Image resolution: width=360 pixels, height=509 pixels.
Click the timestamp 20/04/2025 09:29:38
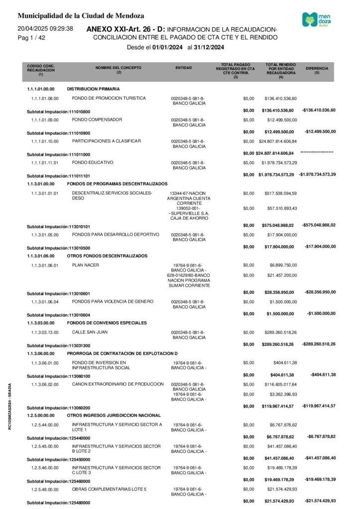[x=45, y=29]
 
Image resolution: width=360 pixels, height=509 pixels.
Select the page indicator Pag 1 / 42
[x=31, y=38]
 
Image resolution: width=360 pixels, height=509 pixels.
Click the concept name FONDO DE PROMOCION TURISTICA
[x=109, y=98]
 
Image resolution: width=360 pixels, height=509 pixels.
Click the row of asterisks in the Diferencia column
[x=317, y=152]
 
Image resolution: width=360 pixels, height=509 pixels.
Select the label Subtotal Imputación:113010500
[x=58, y=248]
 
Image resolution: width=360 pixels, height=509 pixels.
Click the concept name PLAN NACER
[x=86, y=265]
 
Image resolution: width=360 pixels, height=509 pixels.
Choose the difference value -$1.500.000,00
[x=320, y=313]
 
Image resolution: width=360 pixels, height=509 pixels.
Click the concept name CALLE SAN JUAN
[x=90, y=332]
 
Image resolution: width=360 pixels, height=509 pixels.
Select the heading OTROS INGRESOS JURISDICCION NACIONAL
[x=114, y=415]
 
